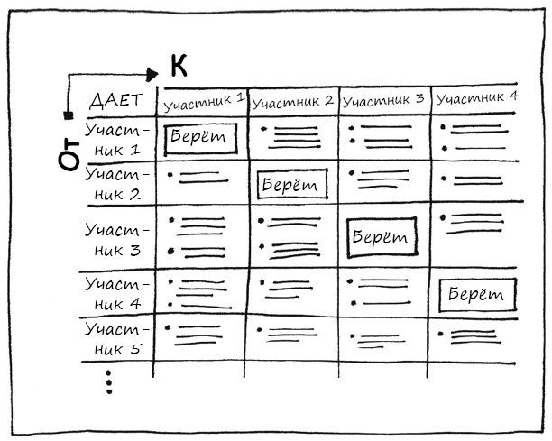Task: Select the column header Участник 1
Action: [x=203, y=101]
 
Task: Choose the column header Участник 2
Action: [x=293, y=101]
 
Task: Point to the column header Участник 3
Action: [x=384, y=99]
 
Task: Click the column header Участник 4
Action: [x=476, y=96]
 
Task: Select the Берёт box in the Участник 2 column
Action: [x=291, y=185]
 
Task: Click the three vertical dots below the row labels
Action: [x=109, y=381]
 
